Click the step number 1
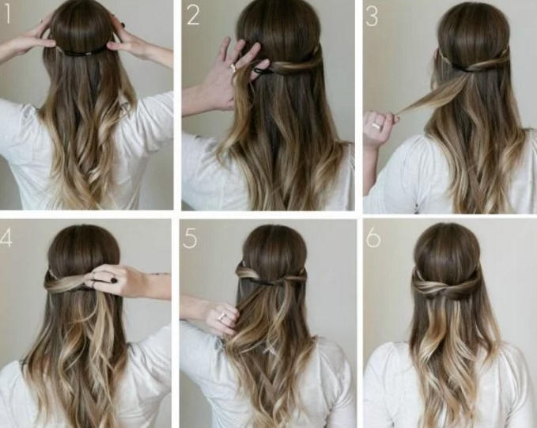pos(8,16)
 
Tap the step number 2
pos(193,16)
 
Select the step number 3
pos(372,17)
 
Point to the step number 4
pos(6,237)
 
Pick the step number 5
pos(190,238)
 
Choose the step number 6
pos(373,237)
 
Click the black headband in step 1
pos(82,52)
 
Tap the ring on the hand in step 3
pos(376,126)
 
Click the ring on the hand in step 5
pos(221,316)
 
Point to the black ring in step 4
pos(113,280)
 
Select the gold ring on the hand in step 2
pos(233,67)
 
